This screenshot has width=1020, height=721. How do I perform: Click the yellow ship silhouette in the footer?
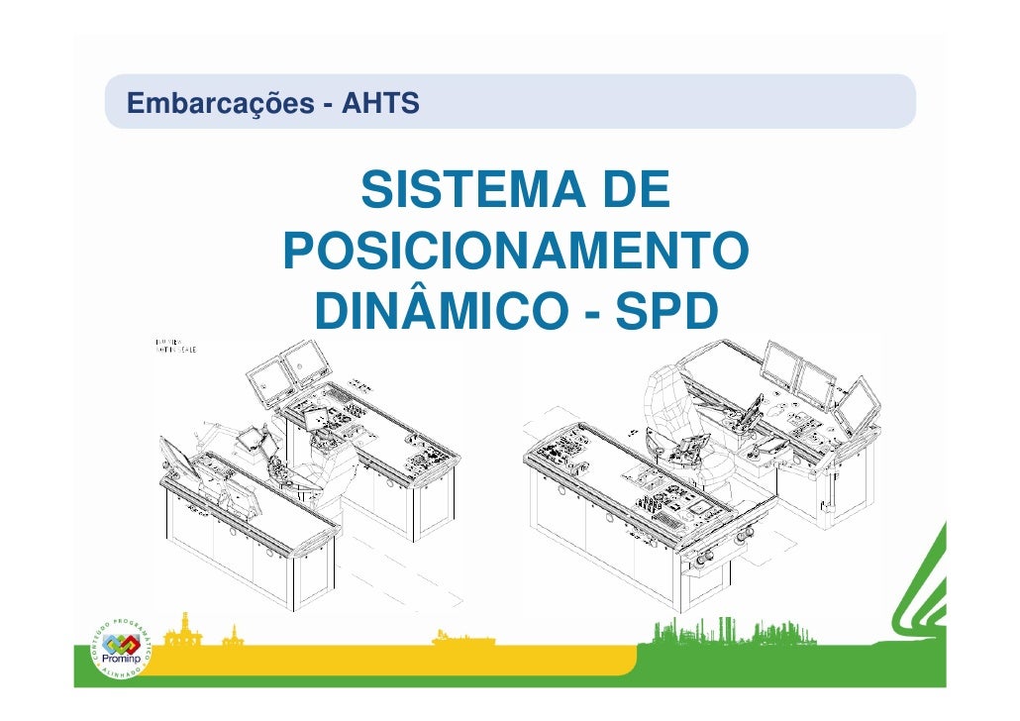pos(465,641)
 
